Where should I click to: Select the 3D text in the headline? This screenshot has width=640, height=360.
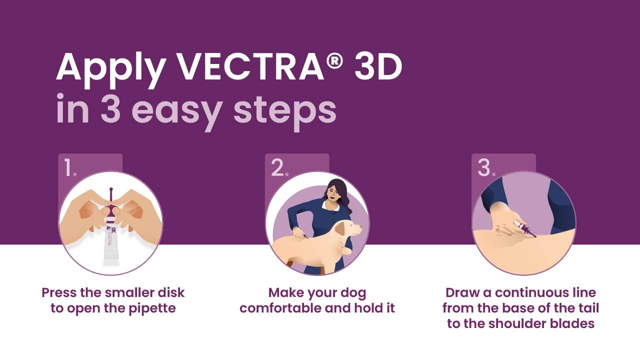pyautogui.click(x=378, y=67)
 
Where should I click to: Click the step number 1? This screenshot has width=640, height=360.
pyautogui.click(x=69, y=169)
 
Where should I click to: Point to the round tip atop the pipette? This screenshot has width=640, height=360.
pyautogui.click(x=110, y=190)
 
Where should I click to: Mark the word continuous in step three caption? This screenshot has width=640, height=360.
pyautogui.click(x=534, y=292)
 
